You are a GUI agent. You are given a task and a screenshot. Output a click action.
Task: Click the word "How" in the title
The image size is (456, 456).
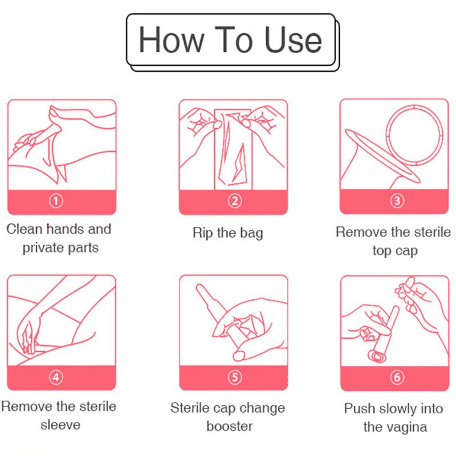tap(171, 39)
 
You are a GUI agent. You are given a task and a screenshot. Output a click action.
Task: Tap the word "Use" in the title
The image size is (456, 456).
tap(293, 39)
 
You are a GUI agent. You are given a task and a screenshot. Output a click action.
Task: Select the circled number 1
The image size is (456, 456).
tap(56, 201)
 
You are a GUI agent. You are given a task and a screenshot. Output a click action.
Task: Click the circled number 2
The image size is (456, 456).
tap(234, 201)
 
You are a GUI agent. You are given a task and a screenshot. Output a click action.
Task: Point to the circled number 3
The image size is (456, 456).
tap(397, 201)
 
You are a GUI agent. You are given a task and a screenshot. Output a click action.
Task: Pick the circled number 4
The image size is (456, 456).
tap(56, 377)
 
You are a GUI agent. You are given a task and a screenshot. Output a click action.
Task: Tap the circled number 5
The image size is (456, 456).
tap(234, 377)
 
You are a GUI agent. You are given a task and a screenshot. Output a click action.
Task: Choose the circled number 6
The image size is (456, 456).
tap(397, 377)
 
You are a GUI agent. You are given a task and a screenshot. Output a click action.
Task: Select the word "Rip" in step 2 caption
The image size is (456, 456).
tap(202, 233)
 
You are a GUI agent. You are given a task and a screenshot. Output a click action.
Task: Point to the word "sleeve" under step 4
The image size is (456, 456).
tap(60, 425)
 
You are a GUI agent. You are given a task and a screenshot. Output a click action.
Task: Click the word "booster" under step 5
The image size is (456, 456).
tap(230, 426)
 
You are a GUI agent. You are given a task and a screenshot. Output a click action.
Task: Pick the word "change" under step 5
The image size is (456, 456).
tap(264, 409)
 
